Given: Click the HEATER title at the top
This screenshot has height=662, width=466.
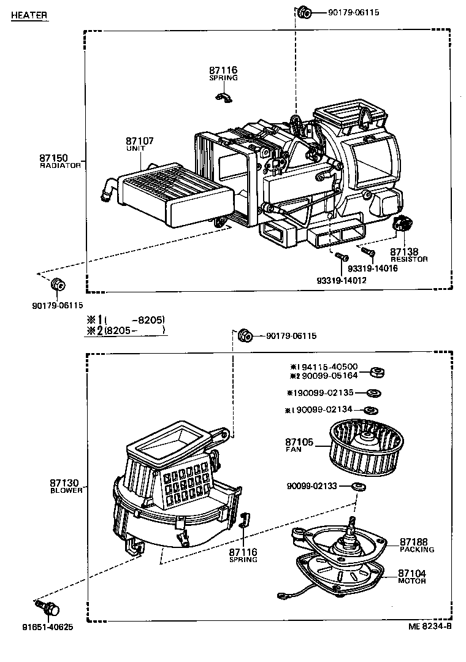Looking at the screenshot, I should click(29, 15).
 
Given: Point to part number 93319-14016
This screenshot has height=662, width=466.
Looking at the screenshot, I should click(372, 268).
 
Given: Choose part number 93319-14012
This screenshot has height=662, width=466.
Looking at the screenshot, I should click(341, 280).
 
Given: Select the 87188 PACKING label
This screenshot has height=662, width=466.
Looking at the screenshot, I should click(416, 545).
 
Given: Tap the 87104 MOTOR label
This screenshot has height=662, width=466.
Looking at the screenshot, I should click(412, 576).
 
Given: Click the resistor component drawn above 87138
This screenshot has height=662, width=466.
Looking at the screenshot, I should click(403, 225).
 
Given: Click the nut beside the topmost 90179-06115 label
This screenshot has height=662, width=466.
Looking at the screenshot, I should click(304, 12).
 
